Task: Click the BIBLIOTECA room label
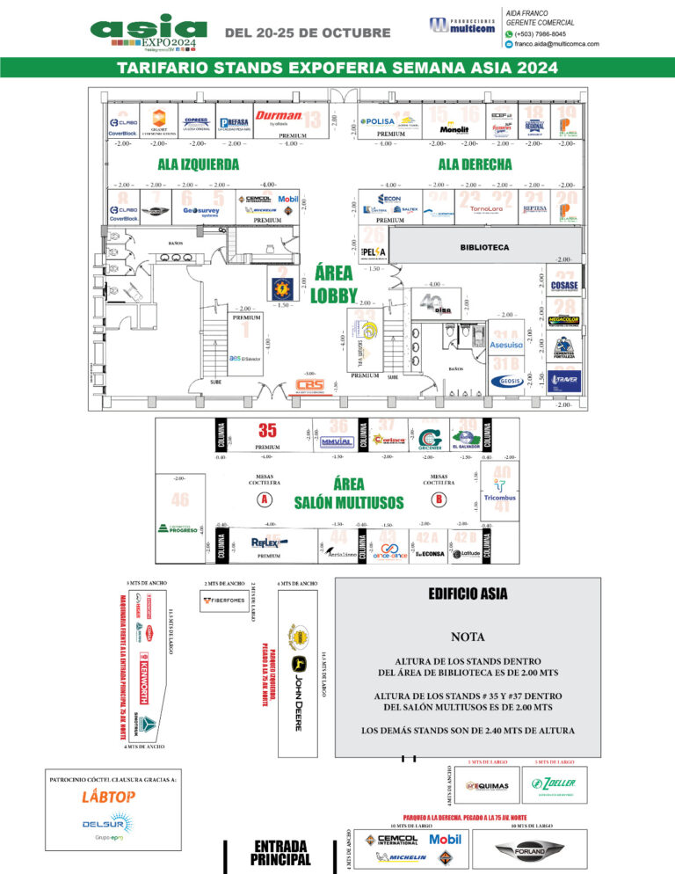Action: tap(484, 248)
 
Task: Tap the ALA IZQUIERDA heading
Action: tap(199, 164)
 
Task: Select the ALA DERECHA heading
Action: tap(475, 164)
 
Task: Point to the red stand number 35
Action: tap(267, 430)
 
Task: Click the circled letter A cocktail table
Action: tap(263, 499)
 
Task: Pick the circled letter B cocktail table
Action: tap(438, 499)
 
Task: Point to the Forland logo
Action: tap(533, 850)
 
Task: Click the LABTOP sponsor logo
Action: tap(109, 797)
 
